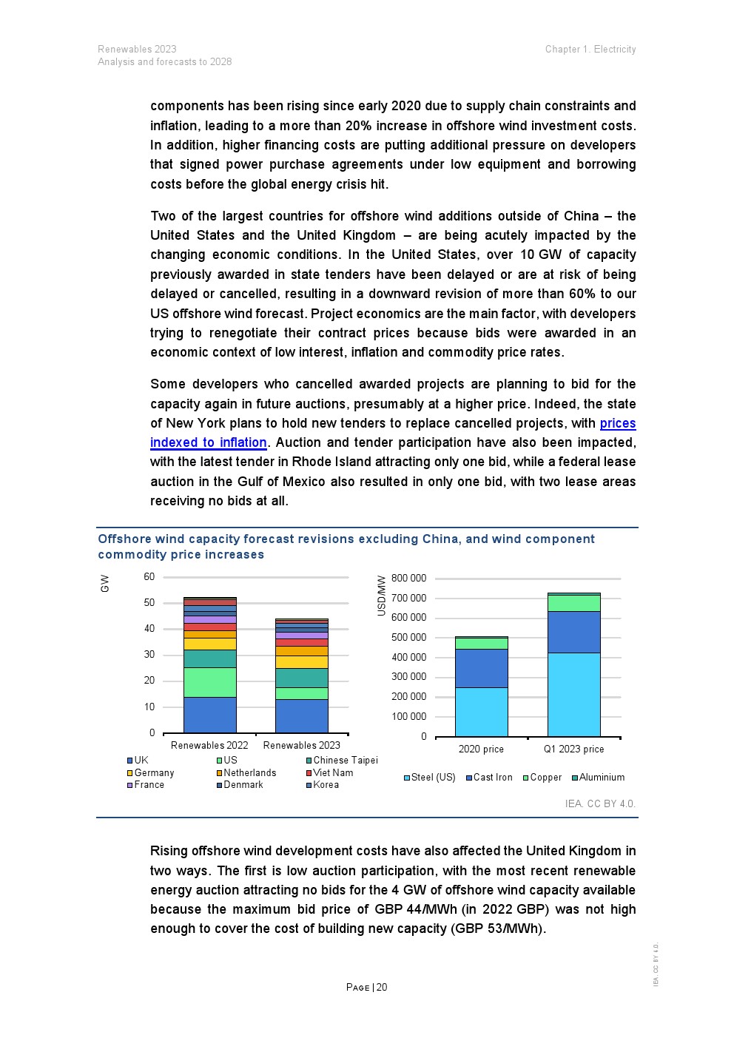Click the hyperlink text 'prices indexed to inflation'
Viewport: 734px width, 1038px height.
pyautogui.click(x=209, y=442)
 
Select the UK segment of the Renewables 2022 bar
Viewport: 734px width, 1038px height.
pyautogui.click(x=210, y=715)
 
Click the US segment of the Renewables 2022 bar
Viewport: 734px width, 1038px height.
pyautogui.click(x=210, y=682)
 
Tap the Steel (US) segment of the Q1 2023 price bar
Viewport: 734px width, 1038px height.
pyautogui.click(x=573, y=694)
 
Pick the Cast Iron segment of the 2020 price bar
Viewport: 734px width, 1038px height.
pyautogui.click(x=481, y=668)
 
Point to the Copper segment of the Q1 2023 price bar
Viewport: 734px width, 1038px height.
pyautogui.click(x=573, y=603)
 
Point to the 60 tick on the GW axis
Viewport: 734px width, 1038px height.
pyautogui.click(x=149, y=577)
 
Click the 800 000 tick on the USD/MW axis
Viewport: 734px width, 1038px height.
pyautogui.click(x=408, y=579)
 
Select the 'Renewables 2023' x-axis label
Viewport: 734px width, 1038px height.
pyautogui.click(x=302, y=746)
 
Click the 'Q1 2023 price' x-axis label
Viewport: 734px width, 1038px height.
pyautogui.click(x=573, y=749)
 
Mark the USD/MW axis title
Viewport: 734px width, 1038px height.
pyautogui.click(x=382, y=596)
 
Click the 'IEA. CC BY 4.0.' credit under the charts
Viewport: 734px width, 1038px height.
pyautogui.click(x=599, y=803)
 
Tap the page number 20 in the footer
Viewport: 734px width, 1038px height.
pyautogui.click(x=382, y=988)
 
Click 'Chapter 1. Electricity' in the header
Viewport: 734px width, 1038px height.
pyautogui.click(x=590, y=50)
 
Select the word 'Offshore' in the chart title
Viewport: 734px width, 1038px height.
pyautogui.click(x=125, y=539)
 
